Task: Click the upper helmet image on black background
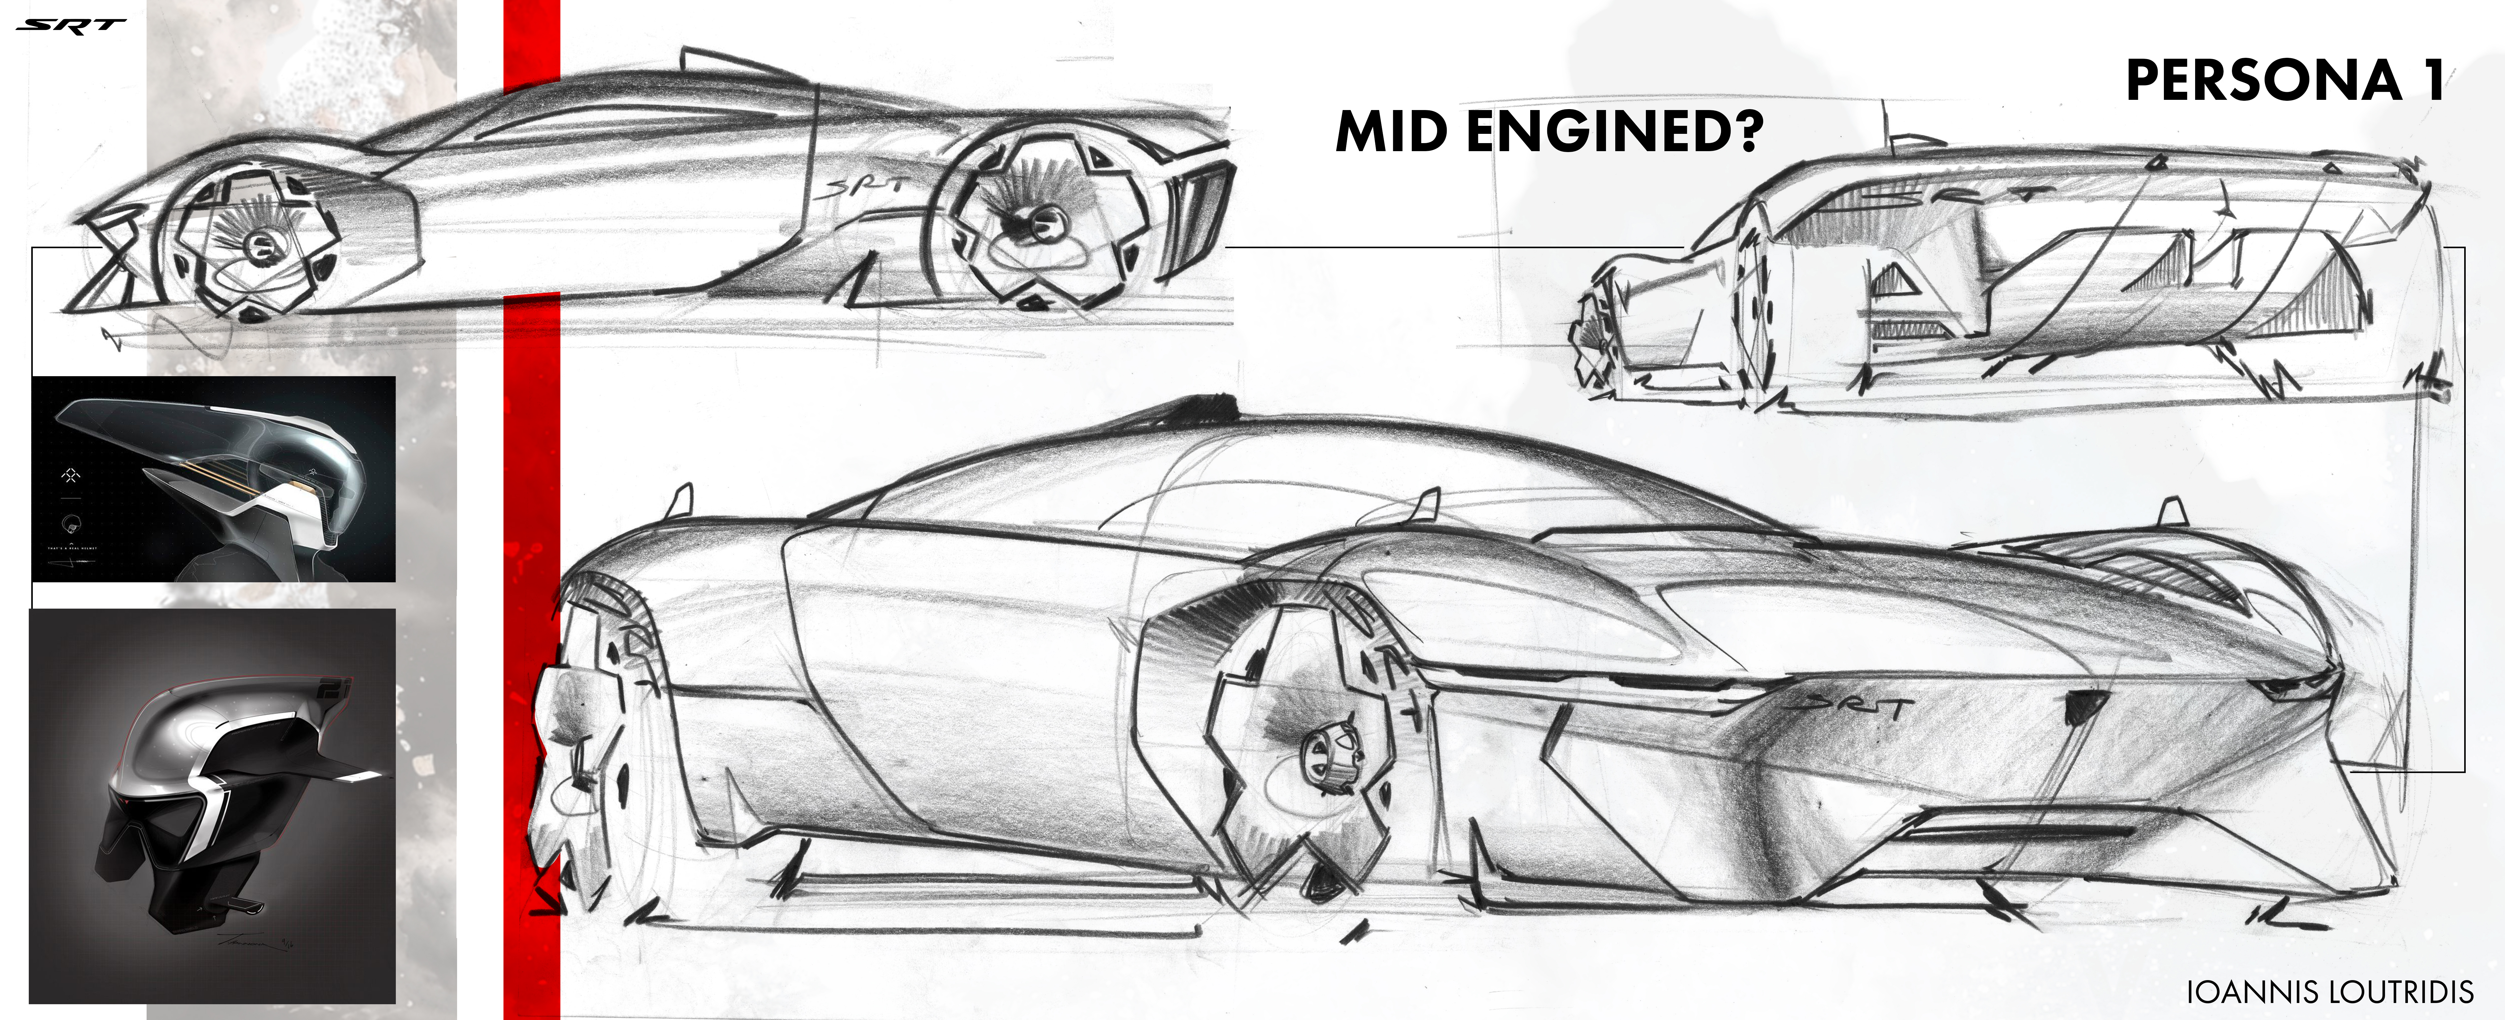pos(214,478)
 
